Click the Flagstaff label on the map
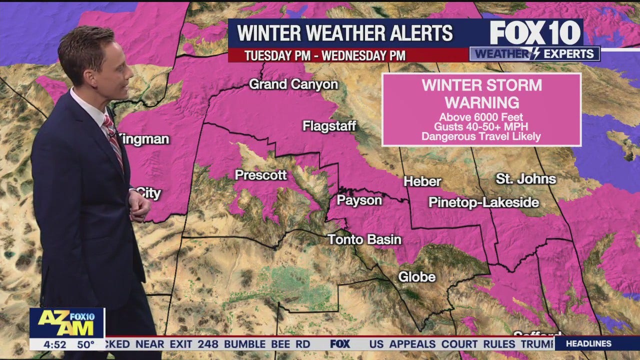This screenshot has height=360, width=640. (x=329, y=126)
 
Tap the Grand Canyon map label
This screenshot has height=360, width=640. (x=293, y=84)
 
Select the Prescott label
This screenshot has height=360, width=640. (x=260, y=175)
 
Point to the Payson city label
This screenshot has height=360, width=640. (x=359, y=200)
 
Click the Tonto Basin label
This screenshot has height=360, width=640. (x=364, y=239)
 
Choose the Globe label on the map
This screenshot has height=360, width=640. (x=416, y=276)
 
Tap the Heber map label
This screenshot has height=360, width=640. (x=422, y=181)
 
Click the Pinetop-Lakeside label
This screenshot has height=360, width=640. (x=483, y=202)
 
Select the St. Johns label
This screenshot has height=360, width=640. (x=526, y=179)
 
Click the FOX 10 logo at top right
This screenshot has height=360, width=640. (x=535, y=33)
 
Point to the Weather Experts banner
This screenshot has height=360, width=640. (x=534, y=54)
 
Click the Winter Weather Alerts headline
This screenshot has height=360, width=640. (x=345, y=33)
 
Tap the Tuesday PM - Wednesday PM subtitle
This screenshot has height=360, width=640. (x=324, y=55)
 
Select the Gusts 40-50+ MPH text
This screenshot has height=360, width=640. (x=481, y=127)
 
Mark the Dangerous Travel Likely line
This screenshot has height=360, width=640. (x=481, y=136)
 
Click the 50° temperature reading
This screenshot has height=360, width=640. (x=85, y=344)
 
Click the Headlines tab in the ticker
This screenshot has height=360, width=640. (x=589, y=343)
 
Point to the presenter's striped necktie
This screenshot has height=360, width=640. (x=113, y=140)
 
